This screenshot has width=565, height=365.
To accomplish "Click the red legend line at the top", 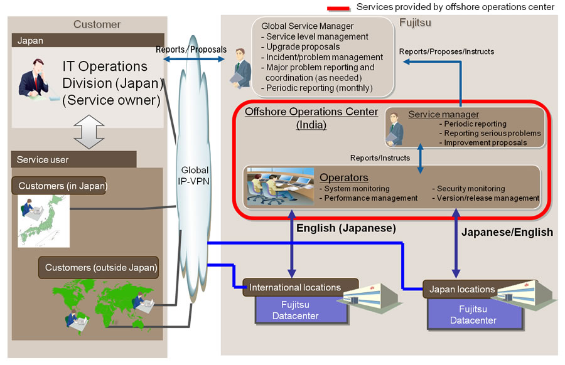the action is click(338, 8).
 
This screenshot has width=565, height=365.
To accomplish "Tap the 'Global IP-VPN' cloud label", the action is click(194, 176).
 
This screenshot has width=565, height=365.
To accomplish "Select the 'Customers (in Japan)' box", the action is click(59, 186).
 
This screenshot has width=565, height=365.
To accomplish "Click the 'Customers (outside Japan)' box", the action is click(99, 267).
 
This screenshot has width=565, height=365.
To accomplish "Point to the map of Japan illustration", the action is click(43, 221).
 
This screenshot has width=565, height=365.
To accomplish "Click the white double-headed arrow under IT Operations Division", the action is click(89, 132).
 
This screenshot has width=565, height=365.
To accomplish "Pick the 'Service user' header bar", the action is click(74, 159).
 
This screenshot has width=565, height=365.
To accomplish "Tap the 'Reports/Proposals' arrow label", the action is click(191, 50).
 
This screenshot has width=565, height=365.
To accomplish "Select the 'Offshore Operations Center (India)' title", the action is click(311, 118).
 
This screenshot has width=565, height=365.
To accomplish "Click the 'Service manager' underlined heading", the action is click(444, 114).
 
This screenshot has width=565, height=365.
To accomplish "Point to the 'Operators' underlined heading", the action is click(344, 177).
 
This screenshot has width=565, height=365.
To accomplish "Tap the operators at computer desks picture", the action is click(281, 186).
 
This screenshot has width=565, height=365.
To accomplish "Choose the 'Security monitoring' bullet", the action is click(468, 188).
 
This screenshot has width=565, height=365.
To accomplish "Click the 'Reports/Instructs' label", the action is click(380, 157).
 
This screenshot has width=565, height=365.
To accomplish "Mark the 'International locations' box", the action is click(301, 287).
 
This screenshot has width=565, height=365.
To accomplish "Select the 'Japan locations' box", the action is click(462, 289).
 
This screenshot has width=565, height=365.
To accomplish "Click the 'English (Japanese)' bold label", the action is click(346, 228).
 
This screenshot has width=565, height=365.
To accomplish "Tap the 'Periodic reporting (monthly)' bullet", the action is click(317, 88).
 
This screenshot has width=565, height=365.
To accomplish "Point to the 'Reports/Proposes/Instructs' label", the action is click(446, 51).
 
